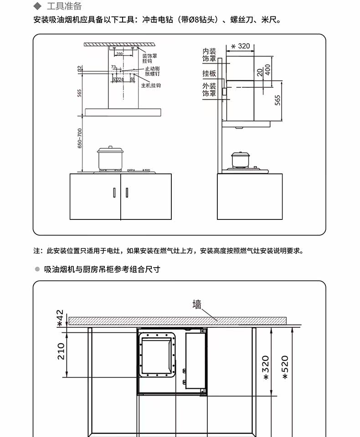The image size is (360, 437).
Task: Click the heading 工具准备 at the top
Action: point(64,6)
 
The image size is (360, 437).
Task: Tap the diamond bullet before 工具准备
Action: point(38,6)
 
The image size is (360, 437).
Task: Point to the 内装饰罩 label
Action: point(209,56)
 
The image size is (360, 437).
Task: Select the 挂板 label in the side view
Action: point(209,73)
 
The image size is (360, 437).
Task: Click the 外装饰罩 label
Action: point(209,90)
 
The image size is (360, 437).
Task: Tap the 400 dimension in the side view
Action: point(267,70)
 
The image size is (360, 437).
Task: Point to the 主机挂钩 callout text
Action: point(151,86)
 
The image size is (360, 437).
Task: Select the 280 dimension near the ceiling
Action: point(119,54)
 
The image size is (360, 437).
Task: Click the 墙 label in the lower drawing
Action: point(197,305)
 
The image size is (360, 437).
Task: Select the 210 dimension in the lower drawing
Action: point(61,351)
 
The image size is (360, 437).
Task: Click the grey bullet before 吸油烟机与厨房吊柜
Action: point(38,269)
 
